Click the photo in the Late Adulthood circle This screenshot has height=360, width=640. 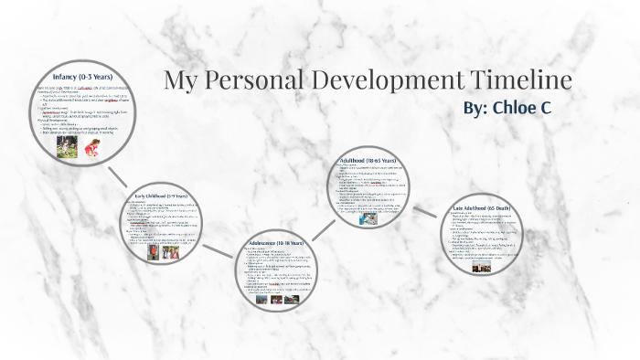pos(481,267)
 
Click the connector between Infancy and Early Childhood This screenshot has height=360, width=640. pos(117,175)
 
